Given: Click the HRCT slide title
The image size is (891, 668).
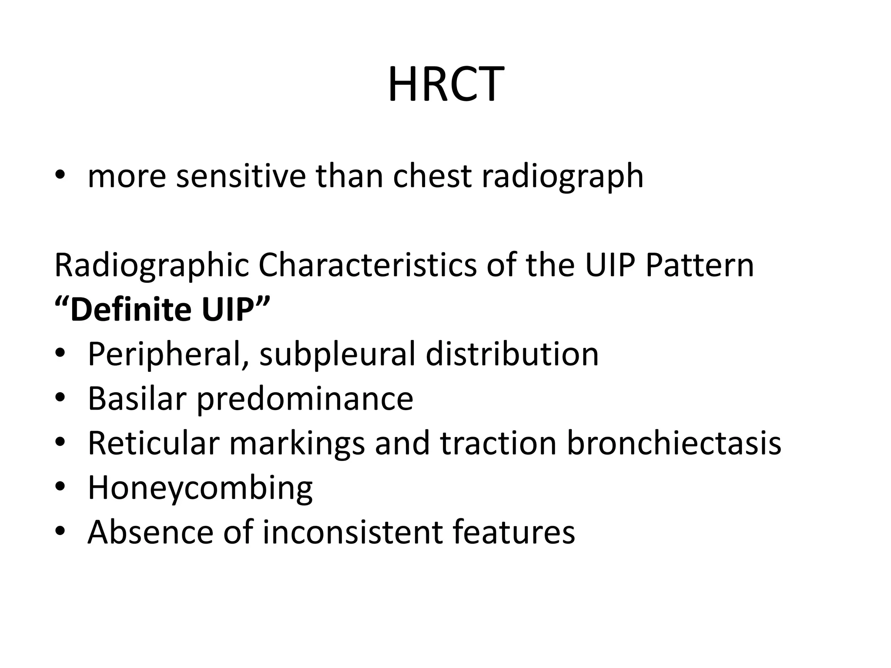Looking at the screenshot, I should point(445,84).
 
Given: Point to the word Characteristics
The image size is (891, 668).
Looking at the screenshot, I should point(368,265).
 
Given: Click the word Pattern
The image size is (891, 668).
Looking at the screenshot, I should point(699,265).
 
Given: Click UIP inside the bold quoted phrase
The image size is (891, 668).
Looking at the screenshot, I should point(228,310).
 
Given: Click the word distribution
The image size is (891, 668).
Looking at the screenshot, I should point(512,354).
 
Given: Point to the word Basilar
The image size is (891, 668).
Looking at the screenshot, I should point(137,399).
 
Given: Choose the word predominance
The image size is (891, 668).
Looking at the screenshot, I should point(305,399).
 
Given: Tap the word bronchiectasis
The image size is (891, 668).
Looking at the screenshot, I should point(674,444).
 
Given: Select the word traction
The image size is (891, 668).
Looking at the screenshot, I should point(498,444).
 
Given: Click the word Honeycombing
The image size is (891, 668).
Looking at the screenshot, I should point(200,488).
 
